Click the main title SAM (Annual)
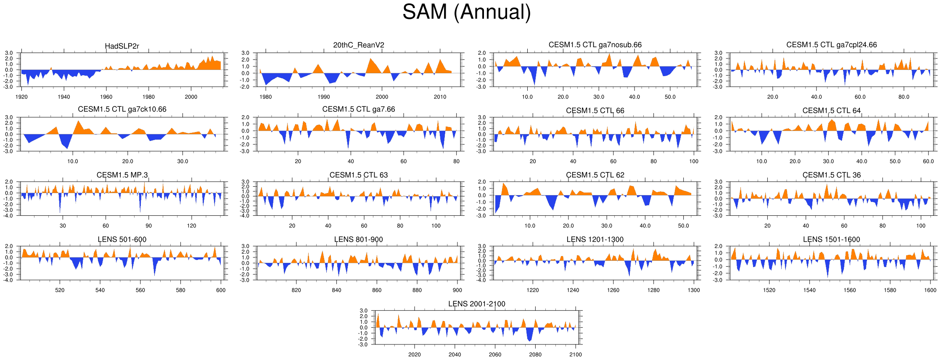pyautogui.click(x=466, y=12)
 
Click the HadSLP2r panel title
pyautogui.click(x=122, y=46)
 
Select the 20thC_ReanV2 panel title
pyautogui.click(x=359, y=45)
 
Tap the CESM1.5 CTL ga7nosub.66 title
pyautogui.click(x=595, y=45)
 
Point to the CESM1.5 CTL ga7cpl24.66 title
pyautogui.click(x=832, y=45)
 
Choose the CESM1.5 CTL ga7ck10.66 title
pyautogui.click(x=122, y=109)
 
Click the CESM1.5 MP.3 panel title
pyautogui.click(x=122, y=175)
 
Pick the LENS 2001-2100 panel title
pyautogui.click(x=476, y=304)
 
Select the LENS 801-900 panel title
pyautogui.click(x=359, y=239)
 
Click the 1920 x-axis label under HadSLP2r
pyautogui.click(x=21, y=97)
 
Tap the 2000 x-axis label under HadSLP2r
pyautogui.click(x=191, y=97)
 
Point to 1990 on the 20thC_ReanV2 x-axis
pyautogui.click(x=324, y=97)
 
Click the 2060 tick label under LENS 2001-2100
pyautogui.click(x=495, y=355)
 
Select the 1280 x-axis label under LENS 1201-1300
pyautogui.click(x=653, y=290)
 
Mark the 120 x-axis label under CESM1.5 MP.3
pyautogui.click(x=191, y=226)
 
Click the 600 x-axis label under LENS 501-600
pyautogui.click(x=221, y=290)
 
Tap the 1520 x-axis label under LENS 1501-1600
pyautogui.click(x=769, y=290)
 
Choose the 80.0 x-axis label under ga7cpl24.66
pyautogui.click(x=904, y=97)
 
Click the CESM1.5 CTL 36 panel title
pyautogui.click(x=832, y=175)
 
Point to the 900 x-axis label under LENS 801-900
pyautogui.click(x=457, y=290)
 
